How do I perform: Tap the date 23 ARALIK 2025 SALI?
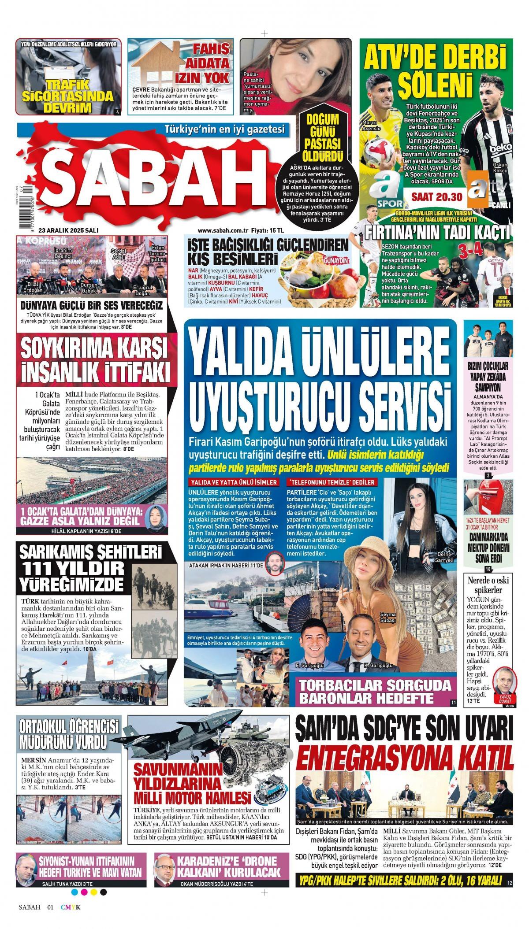point(68,230)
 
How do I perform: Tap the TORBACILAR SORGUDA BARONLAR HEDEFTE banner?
point(375,692)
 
